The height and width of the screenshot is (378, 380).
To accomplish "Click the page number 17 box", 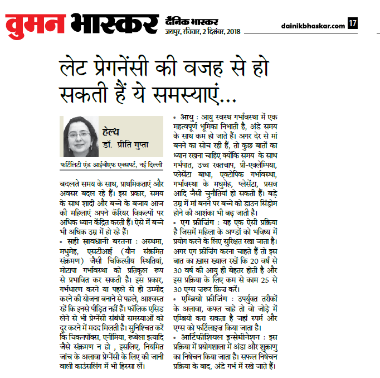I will pos(352,23).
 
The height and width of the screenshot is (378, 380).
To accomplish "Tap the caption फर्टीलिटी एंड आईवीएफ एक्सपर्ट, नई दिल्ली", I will pos(111,166).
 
